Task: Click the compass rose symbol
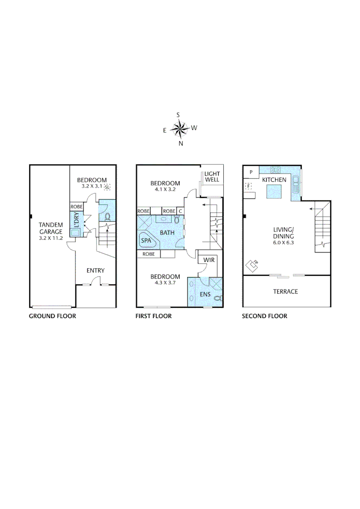[x=180, y=128]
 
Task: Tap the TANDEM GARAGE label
[x=51, y=231]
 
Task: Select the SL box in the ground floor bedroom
[x=107, y=187]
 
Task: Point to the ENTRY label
[x=95, y=271]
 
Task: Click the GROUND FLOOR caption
[x=52, y=316]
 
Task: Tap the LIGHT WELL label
[x=212, y=177]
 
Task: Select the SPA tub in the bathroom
[x=147, y=241]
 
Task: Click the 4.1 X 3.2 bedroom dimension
[x=165, y=190]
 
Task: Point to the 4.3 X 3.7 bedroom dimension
[x=165, y=283]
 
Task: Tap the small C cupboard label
[x=180, y=211]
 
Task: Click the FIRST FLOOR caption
[x=154, y=316]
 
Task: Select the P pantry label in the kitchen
[x=251, y=172]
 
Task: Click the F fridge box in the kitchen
[x=248, y=187]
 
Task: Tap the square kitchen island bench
[x=274, y=191]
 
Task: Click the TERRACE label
[x=286, y=292]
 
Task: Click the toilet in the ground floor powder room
[x=107, y=217]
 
